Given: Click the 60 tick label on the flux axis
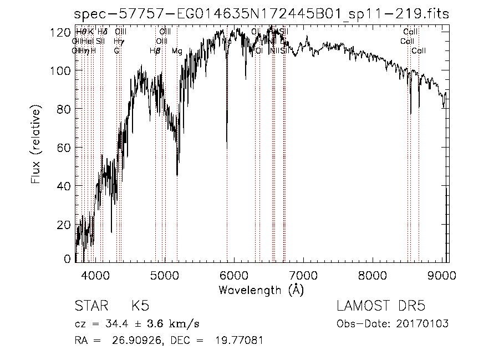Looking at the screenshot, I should [x=65, y=148].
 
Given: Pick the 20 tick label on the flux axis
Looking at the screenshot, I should [x=65, y=224].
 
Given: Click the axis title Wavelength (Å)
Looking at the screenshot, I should [x=261, y=290].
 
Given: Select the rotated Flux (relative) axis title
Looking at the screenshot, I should [x=36, y=147].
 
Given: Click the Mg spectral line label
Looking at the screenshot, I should [x=177, y=51].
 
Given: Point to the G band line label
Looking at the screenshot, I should [x=116, y=51].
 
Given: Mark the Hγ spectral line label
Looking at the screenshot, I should [x=119, y=42].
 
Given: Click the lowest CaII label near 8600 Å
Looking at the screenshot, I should [x=419, y=51].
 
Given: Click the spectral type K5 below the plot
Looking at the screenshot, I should [x=140, y=307].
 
